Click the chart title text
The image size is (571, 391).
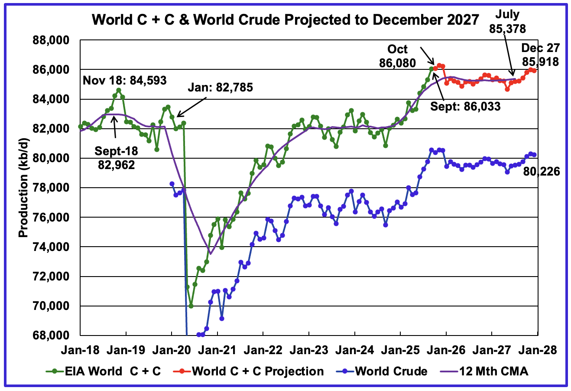286,20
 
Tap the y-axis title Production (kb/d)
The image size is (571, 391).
23,187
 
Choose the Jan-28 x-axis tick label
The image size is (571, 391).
537,350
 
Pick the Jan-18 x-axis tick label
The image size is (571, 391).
80,350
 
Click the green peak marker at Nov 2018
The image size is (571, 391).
119,90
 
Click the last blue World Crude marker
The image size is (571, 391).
534,155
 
